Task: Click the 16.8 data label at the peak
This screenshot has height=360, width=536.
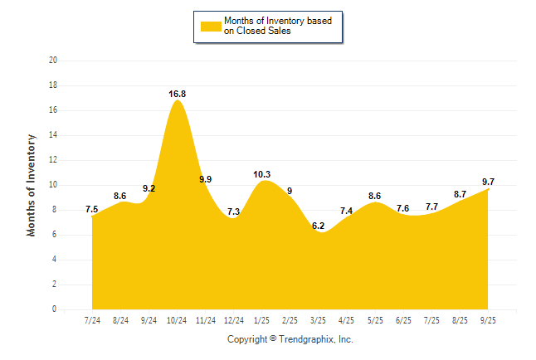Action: [177, 94]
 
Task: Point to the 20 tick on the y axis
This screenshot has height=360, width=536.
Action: [53, 61]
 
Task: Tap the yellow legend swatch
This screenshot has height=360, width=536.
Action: [210, 27]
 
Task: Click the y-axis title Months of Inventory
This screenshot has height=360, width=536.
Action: [32, 185]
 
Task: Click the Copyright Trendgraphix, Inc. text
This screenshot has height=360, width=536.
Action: [290, 339]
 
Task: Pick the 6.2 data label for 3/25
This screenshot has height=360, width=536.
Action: [318, 226]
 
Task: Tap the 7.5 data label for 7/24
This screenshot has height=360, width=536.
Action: [92, 209]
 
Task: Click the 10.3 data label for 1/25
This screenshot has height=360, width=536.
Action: [262, 174]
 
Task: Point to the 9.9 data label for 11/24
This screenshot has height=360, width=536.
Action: [206, 179]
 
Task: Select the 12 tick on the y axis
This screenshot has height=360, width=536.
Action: [53, 160]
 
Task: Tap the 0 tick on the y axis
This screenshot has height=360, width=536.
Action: [55, 309]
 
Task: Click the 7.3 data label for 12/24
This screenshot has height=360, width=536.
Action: [233, 212]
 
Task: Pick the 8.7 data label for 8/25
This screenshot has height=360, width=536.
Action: [459, 194]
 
